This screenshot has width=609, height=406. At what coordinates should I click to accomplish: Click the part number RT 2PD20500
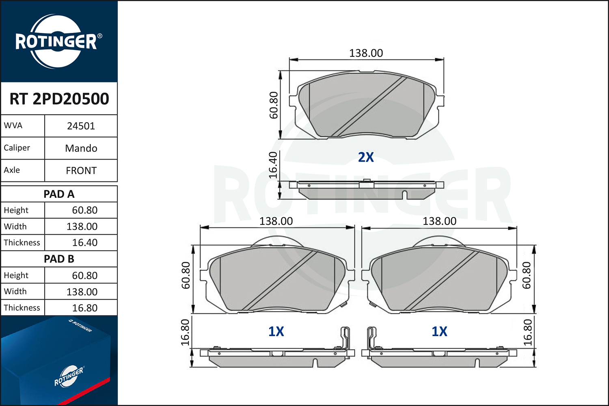point(59,99)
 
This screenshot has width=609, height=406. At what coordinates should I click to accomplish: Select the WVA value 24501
point(81,126)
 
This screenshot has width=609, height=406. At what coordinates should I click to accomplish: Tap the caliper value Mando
point(81,149)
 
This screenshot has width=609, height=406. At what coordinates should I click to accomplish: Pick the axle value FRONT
point(81,171)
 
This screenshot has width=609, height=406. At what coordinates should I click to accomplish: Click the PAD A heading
point(59,194)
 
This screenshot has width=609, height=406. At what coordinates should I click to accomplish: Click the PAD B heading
point(59,259)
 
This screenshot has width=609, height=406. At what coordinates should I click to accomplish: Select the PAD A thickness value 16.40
point(84,242)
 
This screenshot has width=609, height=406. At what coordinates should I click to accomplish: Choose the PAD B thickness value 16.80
point(84,308)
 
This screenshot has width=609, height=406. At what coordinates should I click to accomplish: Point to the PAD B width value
point(82,292)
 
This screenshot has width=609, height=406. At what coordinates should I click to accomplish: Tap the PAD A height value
point(84,210)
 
